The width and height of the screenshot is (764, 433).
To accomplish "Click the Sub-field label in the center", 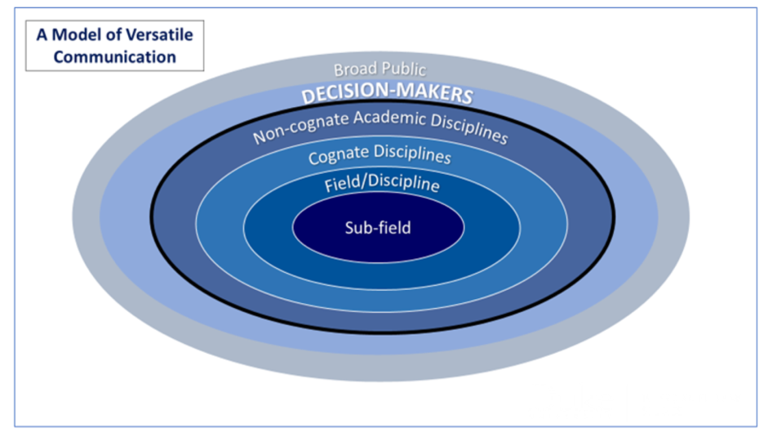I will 377,227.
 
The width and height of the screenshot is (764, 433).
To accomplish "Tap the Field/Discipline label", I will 381,183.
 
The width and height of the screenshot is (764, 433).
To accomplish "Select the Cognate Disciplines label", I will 380,153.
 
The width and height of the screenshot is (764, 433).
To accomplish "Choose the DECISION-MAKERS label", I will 387,95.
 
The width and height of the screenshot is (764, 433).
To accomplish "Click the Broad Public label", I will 380,69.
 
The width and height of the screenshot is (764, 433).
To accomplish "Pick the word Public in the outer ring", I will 402,70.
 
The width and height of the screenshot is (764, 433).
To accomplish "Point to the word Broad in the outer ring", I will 355,69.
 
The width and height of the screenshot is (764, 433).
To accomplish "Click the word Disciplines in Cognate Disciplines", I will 412,153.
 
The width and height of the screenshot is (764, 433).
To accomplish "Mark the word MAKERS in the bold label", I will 436,96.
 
